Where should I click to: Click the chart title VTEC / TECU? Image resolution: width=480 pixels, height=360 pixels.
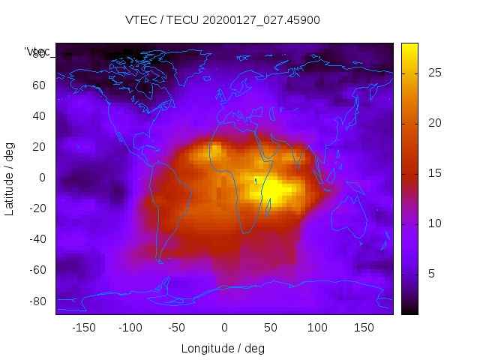click(x=223, y=20)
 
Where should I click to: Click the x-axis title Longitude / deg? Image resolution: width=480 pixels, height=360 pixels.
click(x=223, y=348)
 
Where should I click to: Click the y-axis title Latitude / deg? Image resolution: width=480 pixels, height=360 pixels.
click(x=10, y=177)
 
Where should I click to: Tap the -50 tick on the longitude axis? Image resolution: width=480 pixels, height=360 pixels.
click(x=177, y=328)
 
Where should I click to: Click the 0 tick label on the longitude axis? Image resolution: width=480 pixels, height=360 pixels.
click(x=224, y=328)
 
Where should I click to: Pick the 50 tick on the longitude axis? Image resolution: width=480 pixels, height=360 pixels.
click(x=271, y=328)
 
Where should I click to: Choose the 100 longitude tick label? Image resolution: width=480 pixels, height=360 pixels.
click(x=317, y=328)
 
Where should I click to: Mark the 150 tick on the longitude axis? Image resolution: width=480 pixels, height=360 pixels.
click(x=364, y=328)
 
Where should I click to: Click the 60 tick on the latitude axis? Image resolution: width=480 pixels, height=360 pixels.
click(x=39, y=85)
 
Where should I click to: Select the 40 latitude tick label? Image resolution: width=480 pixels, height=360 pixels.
click(x=39, y=115)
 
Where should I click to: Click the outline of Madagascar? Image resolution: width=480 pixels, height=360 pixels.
click(x=268, y=205)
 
